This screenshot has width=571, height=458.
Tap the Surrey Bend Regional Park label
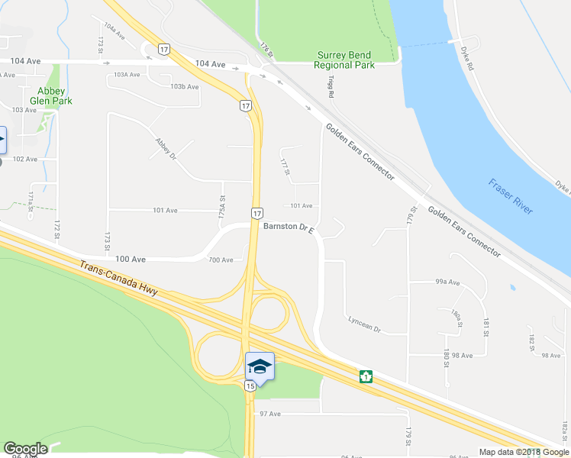pos(344,60)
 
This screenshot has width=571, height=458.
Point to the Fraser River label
pos(511,197)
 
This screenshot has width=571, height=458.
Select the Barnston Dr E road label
pos(289,227)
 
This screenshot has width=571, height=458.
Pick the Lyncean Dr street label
pos(363,325)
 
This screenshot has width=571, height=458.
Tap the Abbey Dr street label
pos(165,147)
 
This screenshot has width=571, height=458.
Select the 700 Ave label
pos(221,260)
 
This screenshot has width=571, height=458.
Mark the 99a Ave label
pos(447,282)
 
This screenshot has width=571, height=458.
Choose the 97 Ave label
pos(270,414)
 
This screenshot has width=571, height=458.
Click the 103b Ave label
pos(184,87)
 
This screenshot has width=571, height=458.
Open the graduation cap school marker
pos(259,366)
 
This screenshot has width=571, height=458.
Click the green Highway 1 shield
pos(367,376)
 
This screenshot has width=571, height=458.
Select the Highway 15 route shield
pos(250,387)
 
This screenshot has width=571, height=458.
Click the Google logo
pos(26,449)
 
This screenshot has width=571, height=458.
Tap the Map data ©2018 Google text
pos(524,452)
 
